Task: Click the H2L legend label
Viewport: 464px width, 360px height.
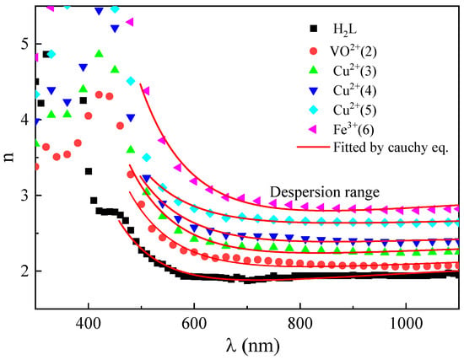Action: pos(345,30)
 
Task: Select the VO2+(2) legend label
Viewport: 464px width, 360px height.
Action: pos(353,51)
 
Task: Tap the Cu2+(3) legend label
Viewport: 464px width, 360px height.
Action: pos(355,71)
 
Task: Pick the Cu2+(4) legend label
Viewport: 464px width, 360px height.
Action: pos(355,90)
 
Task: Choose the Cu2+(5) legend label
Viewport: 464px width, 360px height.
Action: pos(355,110)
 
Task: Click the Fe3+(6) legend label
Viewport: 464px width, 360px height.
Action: pos(353,130)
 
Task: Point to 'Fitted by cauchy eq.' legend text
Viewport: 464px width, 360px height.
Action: pos(391,148)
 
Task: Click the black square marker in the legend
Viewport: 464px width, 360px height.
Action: pos(313,29)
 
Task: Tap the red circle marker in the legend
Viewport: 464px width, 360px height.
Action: pos(313,51)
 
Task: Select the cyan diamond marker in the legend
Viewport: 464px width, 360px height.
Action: pos(313,110)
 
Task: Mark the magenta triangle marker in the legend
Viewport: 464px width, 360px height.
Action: pos(313,130)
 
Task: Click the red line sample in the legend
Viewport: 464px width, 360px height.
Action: pos(313,147)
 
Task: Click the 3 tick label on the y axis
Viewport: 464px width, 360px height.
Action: pos(24,196)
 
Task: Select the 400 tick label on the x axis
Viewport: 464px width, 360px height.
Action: pos(89,323)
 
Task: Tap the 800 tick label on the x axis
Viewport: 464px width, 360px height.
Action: pos(300,323)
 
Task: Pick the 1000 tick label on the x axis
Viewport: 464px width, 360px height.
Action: pos(406,323)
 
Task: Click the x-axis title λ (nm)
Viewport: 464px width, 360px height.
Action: pos(252,346)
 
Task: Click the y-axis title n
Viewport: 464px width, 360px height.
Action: pos(9,158)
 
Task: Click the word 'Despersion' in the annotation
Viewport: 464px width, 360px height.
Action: pos(303,193)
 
